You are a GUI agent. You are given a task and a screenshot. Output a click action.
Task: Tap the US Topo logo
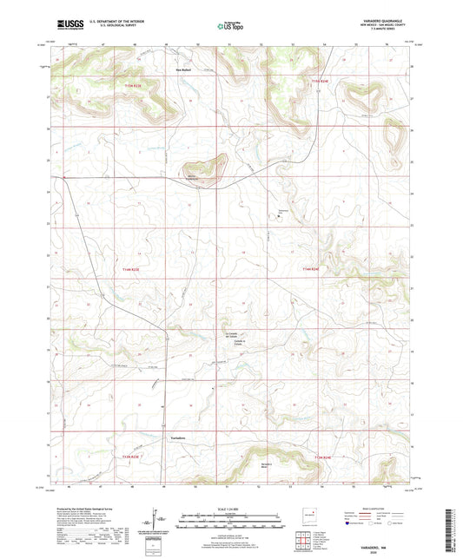[x=229, y=26]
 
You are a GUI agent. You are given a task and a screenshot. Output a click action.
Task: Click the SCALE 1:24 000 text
[x=231, y=508]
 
